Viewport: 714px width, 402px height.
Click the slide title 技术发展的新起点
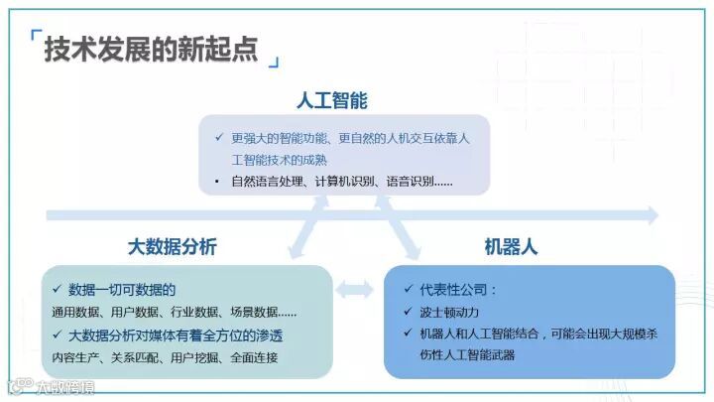pos(151,49)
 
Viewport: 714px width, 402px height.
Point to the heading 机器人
pos(511,246)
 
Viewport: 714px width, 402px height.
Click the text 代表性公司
pos(457,290)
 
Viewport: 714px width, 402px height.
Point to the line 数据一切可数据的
pos(122,290)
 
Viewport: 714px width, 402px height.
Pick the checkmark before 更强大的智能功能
pos(218,138)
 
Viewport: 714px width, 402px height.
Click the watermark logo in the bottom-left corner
pos(16,387)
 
